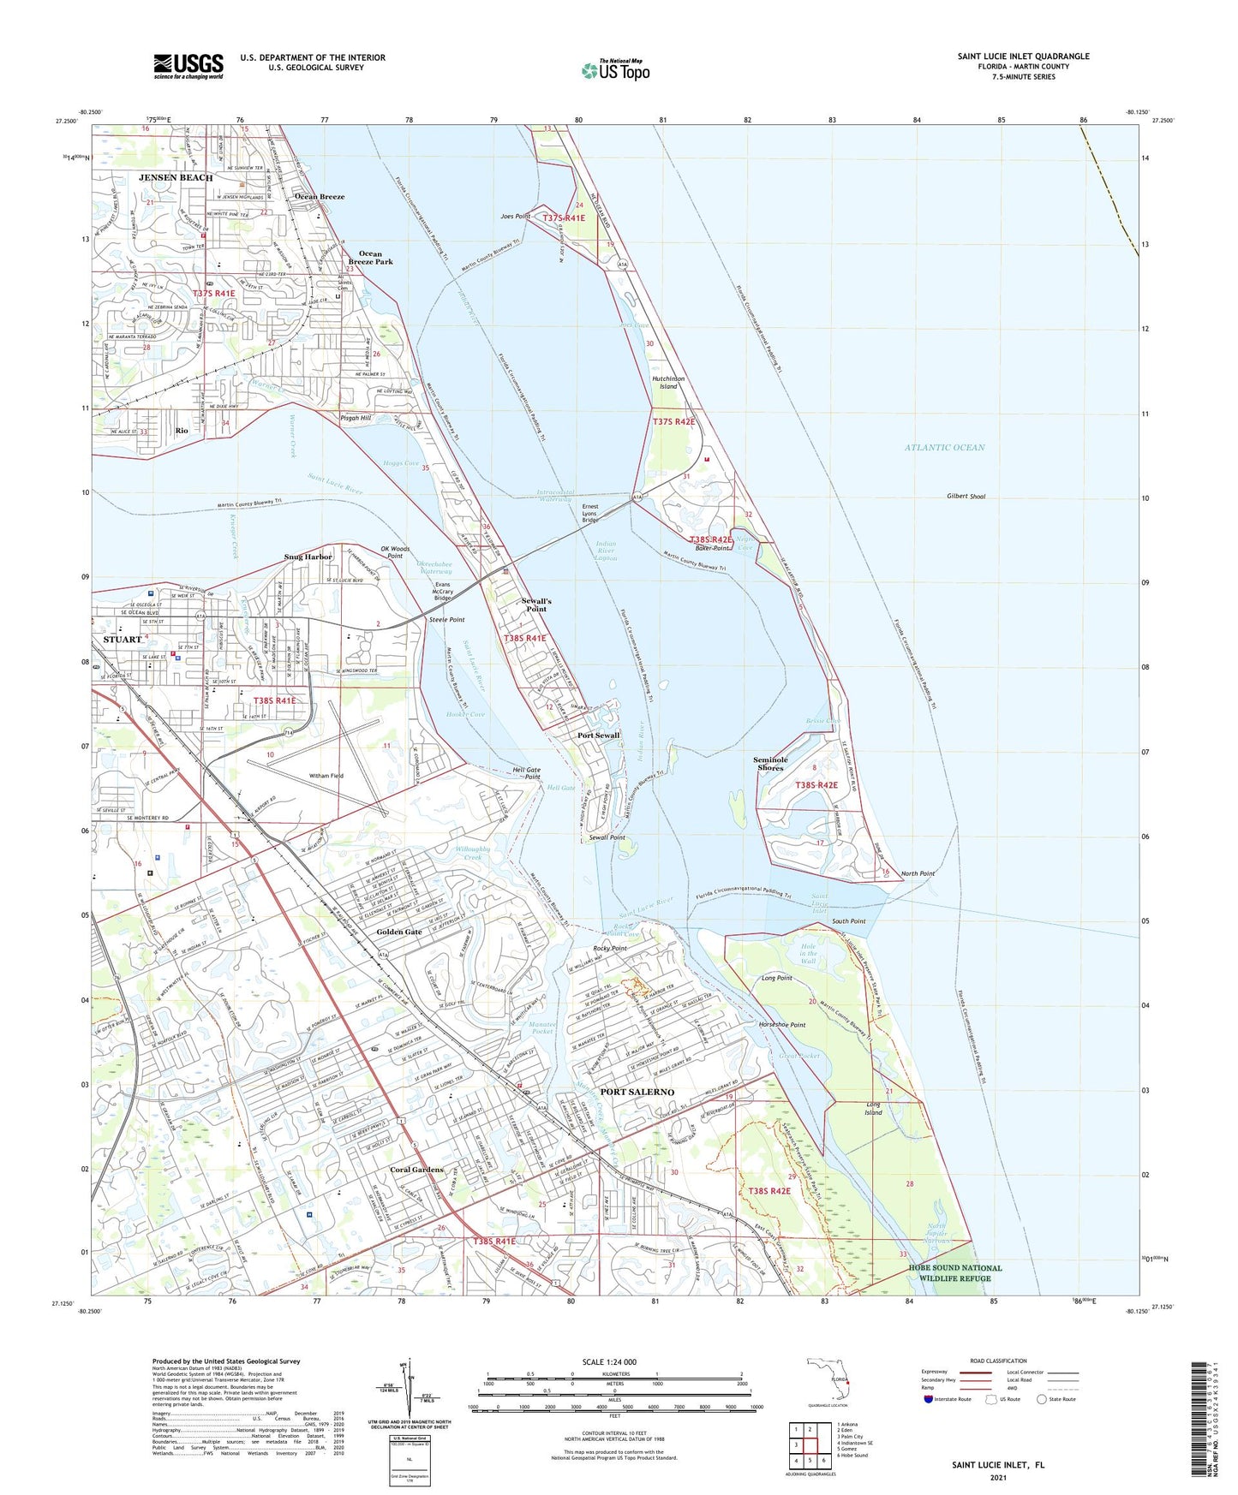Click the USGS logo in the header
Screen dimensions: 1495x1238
click(x=188, y=66)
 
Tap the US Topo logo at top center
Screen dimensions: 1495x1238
click(x=615, y=69)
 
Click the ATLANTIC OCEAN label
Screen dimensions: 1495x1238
click(x=944, y=447)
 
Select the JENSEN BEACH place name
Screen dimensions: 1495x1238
click(x=176, y=177)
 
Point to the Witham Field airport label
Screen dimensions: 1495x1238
click(x=326, y=776)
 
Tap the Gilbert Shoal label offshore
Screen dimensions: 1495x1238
click(x=966, y=496)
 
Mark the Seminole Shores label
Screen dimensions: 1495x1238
click(x=770, y=764)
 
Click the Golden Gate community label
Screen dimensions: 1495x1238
click(x=399, y=932)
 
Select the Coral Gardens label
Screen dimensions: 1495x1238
click(x=416, y=1170)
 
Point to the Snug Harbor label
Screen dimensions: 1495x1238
click(x=308, y=557)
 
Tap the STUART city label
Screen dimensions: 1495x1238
click(x=123, y=640)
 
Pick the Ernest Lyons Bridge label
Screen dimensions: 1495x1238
click(x=590, y=513)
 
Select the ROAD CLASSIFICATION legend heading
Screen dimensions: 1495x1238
click(x=998, y=1361)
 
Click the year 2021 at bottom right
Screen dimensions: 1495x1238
click(x=997, y=1477)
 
